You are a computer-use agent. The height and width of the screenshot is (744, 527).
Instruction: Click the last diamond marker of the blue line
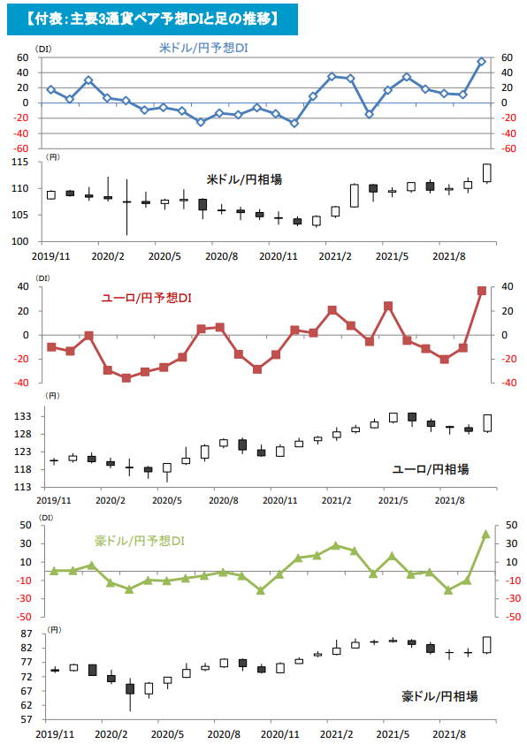point(482,62)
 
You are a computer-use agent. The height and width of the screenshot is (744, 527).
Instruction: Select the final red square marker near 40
point(482,290)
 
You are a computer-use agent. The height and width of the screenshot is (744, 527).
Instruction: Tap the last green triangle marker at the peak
point(485,534)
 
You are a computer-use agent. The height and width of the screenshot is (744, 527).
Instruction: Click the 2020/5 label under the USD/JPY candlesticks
point(164,256)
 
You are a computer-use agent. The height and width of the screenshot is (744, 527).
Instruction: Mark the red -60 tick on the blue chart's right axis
point(508,148)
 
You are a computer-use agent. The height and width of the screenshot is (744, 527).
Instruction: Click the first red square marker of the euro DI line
point(51,347)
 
